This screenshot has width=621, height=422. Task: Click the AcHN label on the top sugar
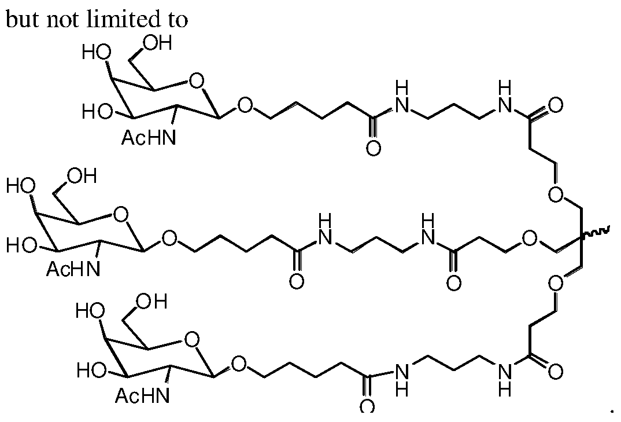tap(149, 138)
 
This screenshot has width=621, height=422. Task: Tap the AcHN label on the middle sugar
tap(73, 269)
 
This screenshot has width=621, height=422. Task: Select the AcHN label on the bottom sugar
tap(143, 396)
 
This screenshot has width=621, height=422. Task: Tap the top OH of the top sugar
tap(158, 43)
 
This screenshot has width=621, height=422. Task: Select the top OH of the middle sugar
tap(82, 176)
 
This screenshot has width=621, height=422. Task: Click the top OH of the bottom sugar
tap(152, 302)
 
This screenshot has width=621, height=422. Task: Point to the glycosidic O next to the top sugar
tap(245, 105)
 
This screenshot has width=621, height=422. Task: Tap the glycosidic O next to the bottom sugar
tap(239, 364)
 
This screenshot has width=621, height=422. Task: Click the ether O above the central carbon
tap(556, 194)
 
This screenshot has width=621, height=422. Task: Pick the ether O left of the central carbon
tap(530, 238)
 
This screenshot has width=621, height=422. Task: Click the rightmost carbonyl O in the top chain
tap(555, 105)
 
